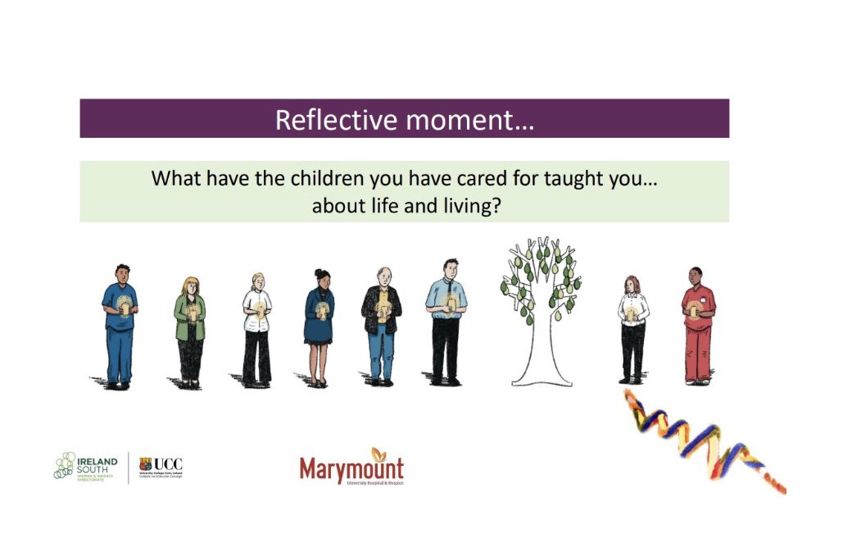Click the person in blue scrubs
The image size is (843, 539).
(120, 324)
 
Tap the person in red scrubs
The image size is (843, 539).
(697, 324)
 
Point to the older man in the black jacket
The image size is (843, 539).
(381, 324)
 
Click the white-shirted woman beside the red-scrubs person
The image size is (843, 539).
(632, 328)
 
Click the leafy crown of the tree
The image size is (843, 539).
(541, 279)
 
